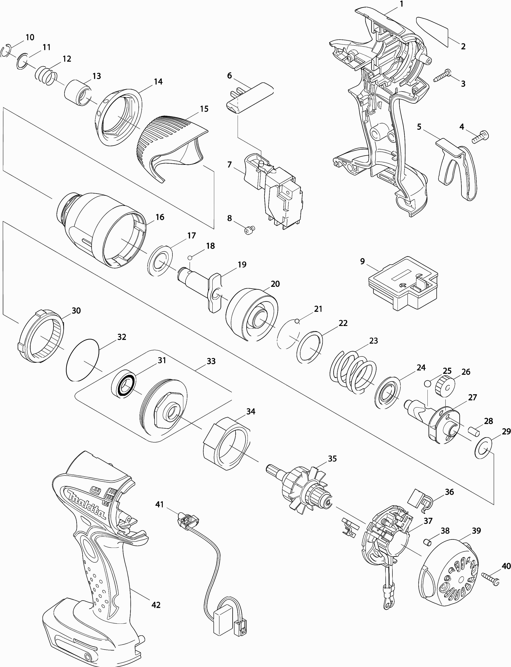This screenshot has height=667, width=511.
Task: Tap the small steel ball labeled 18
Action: [190, 258]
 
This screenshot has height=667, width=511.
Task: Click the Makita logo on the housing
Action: [86, 505]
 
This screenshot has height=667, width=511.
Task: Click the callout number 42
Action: [156, 605]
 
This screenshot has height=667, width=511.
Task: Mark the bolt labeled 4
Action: [480, 136]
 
